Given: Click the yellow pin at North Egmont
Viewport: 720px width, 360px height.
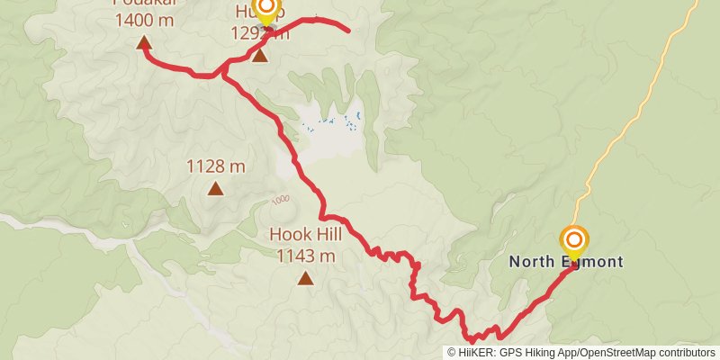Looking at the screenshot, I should pyautogui.click(x=573, y=241).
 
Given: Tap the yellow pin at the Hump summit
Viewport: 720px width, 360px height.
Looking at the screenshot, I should pyautogui.click(x=266, y=11).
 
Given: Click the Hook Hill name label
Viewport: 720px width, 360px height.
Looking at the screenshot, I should pyautogui.click(x=306, y=236).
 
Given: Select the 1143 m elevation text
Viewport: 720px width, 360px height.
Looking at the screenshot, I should pyautogui.click(x=306, y=256).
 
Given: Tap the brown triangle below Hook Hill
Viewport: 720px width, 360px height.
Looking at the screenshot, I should pyautogui.click(x=306, y=278).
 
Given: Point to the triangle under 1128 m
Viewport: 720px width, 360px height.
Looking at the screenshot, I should pyautogui.click(x=216, y=188).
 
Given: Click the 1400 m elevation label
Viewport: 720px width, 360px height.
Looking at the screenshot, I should pyautogui.click(x=144, y=19).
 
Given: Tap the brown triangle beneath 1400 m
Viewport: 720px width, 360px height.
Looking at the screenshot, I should pyautogui.click(x=144, y=41).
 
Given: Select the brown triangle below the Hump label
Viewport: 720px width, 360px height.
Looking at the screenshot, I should pyautogui.click(x=260, y=57).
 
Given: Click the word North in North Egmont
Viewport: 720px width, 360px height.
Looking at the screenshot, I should pyautogui.click(x=530, y=262).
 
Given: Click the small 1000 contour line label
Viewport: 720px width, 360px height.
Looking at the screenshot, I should pyautogui.click(x=280, y=199).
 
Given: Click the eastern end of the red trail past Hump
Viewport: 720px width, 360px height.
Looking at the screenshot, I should pyautogui.click(x=347, y=31).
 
